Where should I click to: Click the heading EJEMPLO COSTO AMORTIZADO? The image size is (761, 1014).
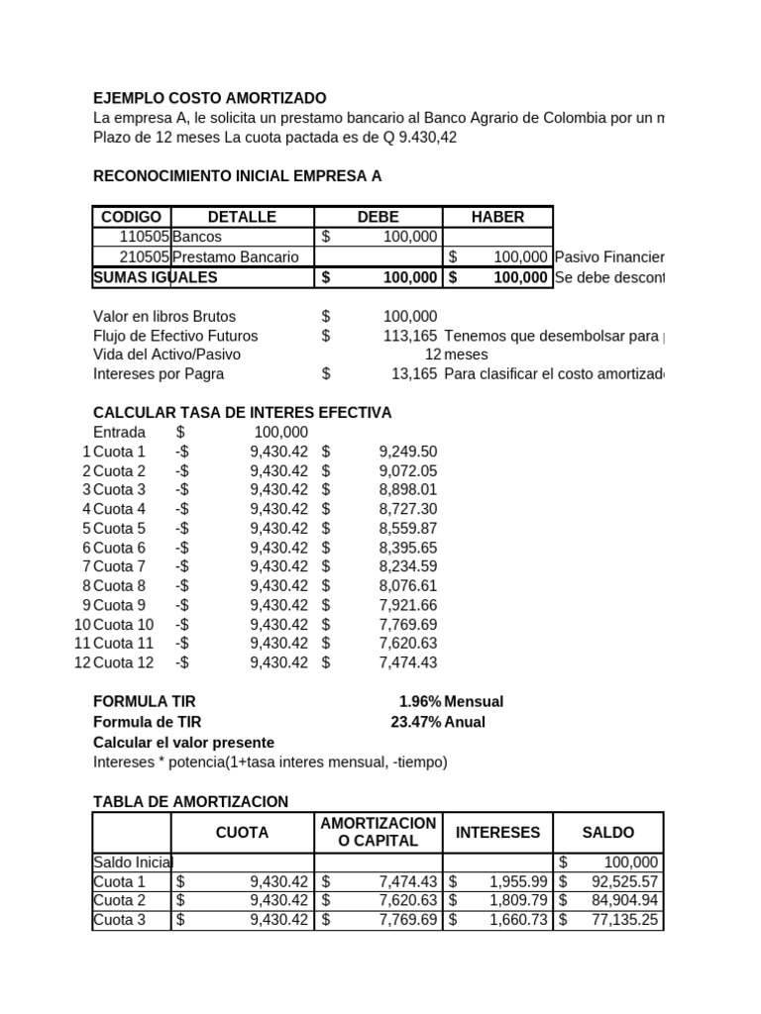(x=209, y=98)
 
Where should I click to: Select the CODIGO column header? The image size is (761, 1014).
(x=131, y=217)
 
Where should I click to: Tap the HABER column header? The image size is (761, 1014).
(x=497, y=217)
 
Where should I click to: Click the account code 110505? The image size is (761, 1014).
(x=145, y=238)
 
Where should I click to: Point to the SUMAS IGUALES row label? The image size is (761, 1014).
(x=155, y=278)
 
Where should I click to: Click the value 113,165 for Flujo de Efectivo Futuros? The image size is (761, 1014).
(x=410, y=336)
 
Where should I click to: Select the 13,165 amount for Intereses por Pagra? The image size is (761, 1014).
(x=414, y=374)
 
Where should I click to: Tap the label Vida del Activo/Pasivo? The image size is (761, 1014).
(x=166, y=355)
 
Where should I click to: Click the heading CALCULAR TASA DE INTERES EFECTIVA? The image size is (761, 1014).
(x=242, y=413)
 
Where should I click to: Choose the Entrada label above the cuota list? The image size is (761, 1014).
(x=119, y=433)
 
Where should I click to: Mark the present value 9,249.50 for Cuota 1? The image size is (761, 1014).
(x=407, y=452)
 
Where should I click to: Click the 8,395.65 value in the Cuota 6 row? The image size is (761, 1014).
(x=407, y=548)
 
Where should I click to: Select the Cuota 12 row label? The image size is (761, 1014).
(x=123, y=662)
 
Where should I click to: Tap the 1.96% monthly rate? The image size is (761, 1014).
(x=419, y=702)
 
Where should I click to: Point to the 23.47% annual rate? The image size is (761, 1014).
(x=416, y=722)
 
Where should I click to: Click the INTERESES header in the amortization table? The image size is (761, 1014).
(x=497, y=833)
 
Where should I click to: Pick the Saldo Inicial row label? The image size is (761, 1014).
(x=131, y=862)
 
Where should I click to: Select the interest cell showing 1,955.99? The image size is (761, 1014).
(x=518, y=882)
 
